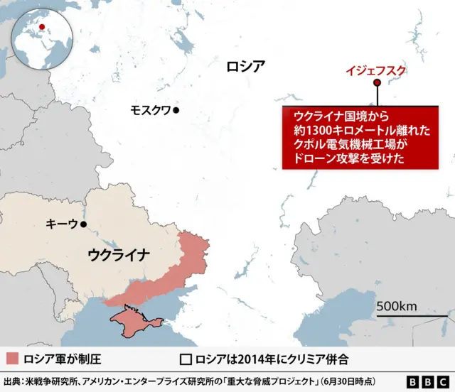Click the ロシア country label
pyautogui.click(x=245, y=67)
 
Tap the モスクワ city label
pyautogui.click(x=150, y=110)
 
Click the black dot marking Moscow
pyautogui.click(x=176, y=110)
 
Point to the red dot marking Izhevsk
pyautogui.click(x=377, y=82)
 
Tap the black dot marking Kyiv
pyautogui.click(x=84, y=224)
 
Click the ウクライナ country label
pyautogui.click(x=119, y=254)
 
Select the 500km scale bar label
pyautogui.click(x=396, y=306)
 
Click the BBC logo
pyautogui.click(x=425, y=381)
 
